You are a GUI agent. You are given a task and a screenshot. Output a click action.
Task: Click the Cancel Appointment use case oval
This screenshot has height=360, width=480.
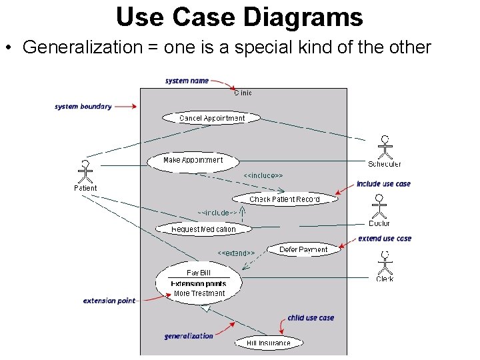click(x=212, y=118)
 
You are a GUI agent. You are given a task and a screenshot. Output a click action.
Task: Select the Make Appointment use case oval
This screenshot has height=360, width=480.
click(x=193, y=161)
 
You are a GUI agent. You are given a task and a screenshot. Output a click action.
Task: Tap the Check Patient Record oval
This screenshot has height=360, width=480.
click(x=285, y=199)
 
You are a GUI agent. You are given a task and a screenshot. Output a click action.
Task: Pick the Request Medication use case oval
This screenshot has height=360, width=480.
click(x=203, y=229)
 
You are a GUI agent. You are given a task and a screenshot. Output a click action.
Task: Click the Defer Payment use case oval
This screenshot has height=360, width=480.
click(x=303, y=249)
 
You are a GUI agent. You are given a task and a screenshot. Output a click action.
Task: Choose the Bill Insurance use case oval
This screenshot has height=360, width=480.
click(x=269, y=343)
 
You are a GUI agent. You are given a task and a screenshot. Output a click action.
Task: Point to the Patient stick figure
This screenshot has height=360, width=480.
click(x=85, y=172)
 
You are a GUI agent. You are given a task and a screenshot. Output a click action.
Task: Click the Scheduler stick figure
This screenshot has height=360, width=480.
click(x=385, y=147)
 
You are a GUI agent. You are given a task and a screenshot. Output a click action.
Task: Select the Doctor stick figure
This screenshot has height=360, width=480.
click(x=379, y=207)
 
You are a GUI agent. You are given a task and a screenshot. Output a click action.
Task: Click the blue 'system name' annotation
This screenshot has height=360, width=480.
click(x=187, y=81)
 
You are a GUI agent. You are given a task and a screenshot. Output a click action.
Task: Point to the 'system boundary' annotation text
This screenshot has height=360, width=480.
click(x=83, y=106)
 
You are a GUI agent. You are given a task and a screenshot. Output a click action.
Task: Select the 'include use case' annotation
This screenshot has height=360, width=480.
click(x=383, y=184)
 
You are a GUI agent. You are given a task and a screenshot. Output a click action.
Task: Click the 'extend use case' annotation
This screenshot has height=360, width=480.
click(x=385, y=238)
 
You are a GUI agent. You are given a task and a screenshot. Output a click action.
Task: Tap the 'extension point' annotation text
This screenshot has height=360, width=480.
click(x=109, y=301)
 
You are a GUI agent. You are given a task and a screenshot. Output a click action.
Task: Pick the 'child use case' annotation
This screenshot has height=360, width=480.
click(x=311, y=318)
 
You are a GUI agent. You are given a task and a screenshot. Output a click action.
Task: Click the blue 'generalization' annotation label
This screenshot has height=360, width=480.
click(x=189, y=336)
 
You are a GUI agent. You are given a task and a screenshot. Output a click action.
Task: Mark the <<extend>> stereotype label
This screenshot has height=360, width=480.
click(x=236, y=253)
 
